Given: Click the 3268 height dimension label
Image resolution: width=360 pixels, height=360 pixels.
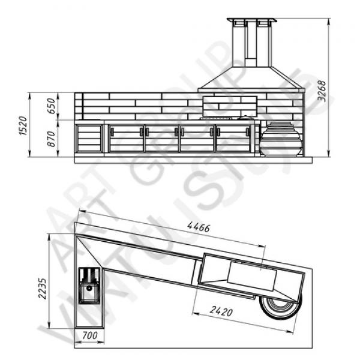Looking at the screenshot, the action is [x=322, y=91].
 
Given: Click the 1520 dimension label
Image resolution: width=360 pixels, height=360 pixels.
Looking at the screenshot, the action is [x=23, y=125].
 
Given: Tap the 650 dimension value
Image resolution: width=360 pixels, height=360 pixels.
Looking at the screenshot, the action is [x=51, y=106].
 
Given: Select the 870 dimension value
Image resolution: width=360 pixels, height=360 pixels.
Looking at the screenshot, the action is [x=51, y=139].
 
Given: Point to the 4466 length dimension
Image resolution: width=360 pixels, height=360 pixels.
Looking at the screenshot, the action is [x=199, y=227].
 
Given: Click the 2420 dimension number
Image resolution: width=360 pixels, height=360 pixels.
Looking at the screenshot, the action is [x=221, y=311].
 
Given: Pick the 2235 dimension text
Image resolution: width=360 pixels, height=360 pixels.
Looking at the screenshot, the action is [x=42, y=289].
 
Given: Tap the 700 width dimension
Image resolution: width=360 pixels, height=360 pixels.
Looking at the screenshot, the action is [x=90, y=335].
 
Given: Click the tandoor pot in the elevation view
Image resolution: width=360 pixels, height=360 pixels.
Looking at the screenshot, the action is [x=281, y=139].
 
